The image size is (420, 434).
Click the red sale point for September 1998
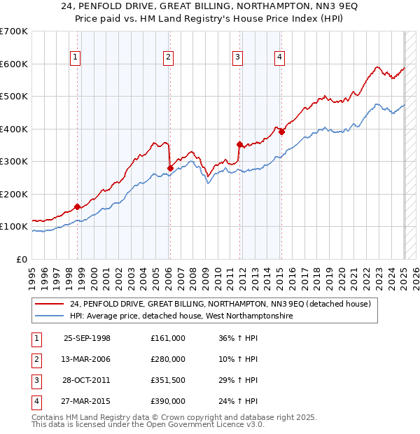(77, 206)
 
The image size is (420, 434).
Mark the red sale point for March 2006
(170, 168)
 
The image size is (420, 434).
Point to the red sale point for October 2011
(239, 145)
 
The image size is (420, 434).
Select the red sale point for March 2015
(281, 132)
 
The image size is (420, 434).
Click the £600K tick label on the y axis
(14, 64)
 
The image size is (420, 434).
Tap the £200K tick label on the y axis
(14, 194)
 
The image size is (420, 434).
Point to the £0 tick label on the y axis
(21, 259)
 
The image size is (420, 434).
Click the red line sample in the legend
(50, 303)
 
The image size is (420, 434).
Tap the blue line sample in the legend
(50, 316)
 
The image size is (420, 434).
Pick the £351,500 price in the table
(168, 381)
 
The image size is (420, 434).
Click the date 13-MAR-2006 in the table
(87, 359)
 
